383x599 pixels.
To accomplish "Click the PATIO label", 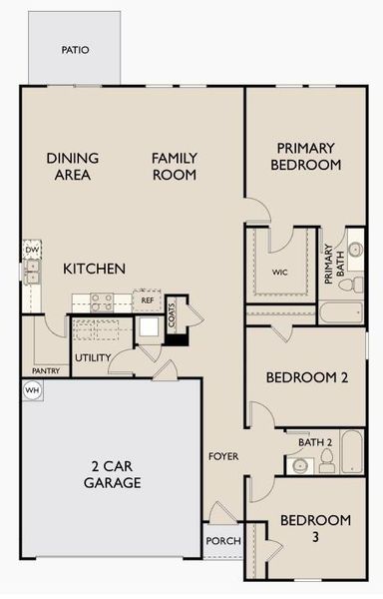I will click(x=74, y=48).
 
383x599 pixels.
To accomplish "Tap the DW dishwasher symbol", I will click(x=32, y=250).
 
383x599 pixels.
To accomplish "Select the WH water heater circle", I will click(x=31, y=390).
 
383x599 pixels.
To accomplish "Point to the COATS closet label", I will click(x=173, y=316).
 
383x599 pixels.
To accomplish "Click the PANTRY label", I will click(x=46, y=368).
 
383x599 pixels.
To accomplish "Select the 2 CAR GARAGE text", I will click(x=113, y=474).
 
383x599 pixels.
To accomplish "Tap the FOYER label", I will click(x=222, y=456).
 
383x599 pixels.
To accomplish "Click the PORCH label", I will click(x=220, y=540).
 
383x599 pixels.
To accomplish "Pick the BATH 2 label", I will click(x=315, y=441).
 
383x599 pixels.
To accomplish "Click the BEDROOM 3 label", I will click(x=314, y=528).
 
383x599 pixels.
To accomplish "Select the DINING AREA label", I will click(x=69, y=166).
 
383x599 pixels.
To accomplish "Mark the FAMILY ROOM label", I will click(x=175, y=166).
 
